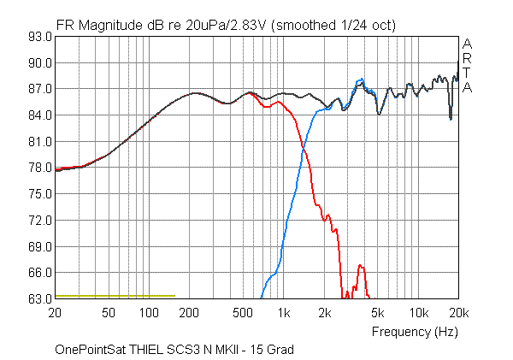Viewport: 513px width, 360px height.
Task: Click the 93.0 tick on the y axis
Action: pyautogui.click(x=38, y=37)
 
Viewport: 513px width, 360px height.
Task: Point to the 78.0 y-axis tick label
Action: pyautogui.click(x=38, y=168)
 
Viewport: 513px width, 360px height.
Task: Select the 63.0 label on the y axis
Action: pyautogui.click(x=38, y=298)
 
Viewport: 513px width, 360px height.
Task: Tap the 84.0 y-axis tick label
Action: pyautogui.click(x=38, y=115)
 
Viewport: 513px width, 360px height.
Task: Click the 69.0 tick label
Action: pyautogui.click(x=38, y=246)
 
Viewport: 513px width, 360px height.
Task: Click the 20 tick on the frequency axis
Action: pyautogui.click(x=56, y=312)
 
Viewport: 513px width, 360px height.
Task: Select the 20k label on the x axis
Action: pyautogui.click(x=458, y=312)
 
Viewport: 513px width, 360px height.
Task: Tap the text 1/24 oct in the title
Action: pyautogui.click(x=364, y=25)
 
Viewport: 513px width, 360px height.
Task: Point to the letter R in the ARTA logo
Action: pyautogui.click(x=467, y=58)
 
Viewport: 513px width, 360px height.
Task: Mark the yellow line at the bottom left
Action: pyautogui.click(x=115, y=296)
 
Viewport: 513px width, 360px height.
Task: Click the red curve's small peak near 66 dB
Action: pyautogui.click(x=361, y=265)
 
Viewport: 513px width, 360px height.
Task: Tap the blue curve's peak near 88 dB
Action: pyautogui.click(x=360, y=80)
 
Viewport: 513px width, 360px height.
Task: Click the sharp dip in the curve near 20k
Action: pyautogui.click(x=451, y=118)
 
